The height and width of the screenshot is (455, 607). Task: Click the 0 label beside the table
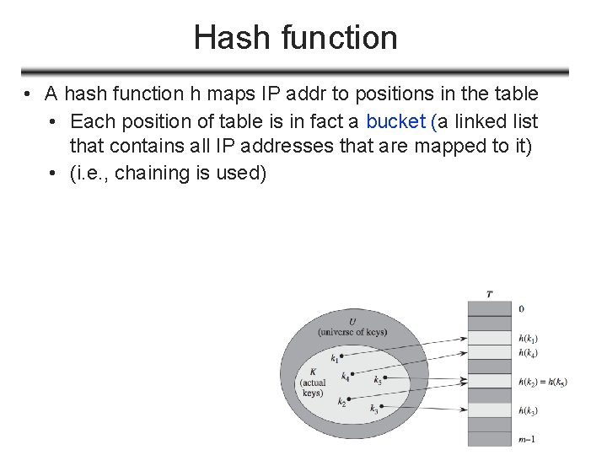point(522,309)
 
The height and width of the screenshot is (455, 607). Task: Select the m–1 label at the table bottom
point(526,437)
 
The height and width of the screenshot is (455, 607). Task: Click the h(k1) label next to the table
point(529,337)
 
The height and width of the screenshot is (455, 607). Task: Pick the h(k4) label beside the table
point(529,351)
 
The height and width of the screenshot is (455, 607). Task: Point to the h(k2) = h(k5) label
point(543,382)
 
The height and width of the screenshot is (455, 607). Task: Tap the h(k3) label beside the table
point(529,410)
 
